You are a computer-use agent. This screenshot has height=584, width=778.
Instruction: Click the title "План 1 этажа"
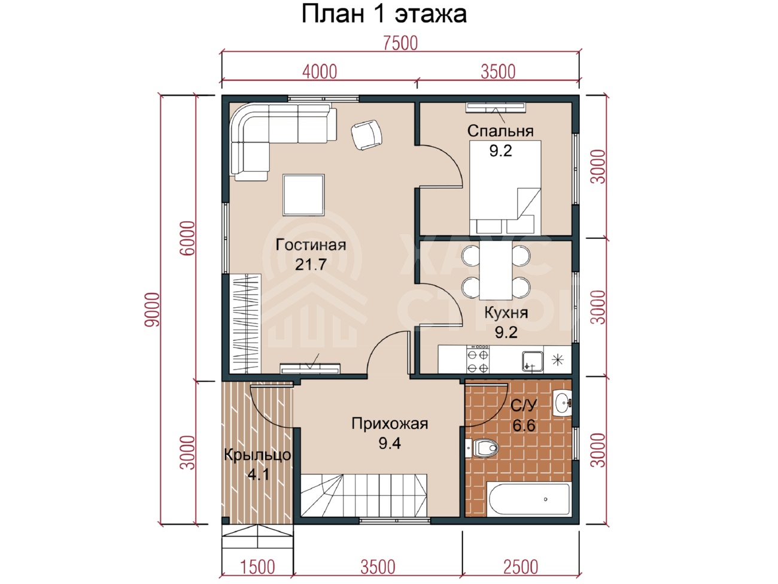384,14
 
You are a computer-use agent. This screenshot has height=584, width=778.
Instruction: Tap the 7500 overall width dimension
400,43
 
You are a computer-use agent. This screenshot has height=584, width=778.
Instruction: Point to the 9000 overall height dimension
152,309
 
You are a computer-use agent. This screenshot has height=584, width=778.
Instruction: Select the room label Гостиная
311,244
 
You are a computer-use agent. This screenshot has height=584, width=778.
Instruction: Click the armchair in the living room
366,135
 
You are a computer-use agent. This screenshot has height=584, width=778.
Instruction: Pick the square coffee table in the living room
304,195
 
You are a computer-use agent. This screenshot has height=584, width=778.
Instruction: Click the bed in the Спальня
505,187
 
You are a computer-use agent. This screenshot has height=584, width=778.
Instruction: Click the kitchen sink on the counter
533,361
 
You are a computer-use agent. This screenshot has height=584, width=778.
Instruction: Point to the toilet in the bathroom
482,448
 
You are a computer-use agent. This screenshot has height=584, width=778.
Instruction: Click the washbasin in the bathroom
562,403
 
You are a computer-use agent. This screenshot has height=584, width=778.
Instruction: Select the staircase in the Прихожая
364,495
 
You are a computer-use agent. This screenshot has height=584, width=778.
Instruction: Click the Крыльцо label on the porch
257,455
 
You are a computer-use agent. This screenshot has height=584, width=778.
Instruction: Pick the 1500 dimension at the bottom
258,567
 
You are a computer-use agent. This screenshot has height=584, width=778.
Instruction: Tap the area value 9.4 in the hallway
390,443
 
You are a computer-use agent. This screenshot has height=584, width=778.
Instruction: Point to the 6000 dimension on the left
187,238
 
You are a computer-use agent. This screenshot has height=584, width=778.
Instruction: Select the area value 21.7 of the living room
311,265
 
